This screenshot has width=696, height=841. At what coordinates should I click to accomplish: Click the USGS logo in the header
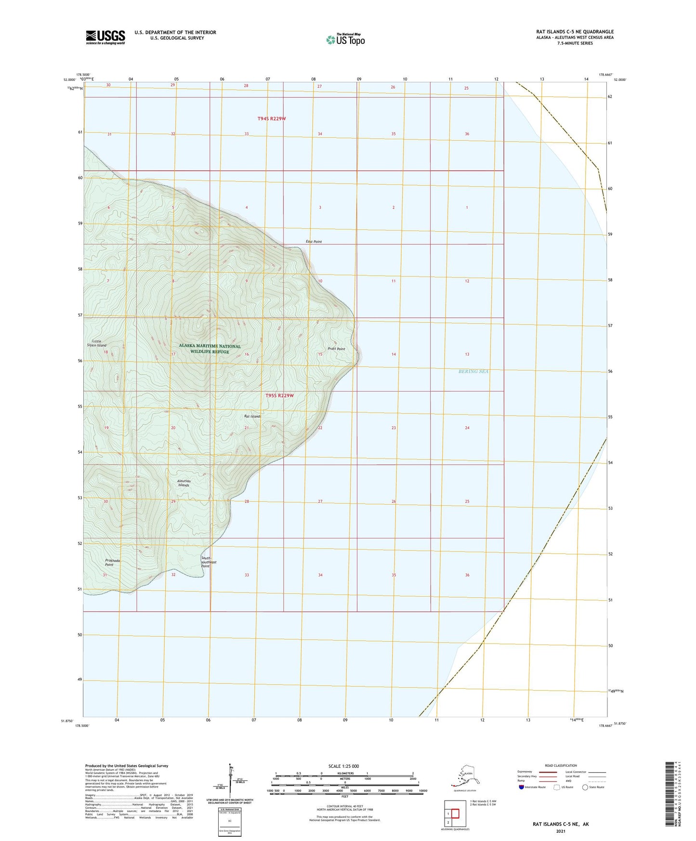(105, 37)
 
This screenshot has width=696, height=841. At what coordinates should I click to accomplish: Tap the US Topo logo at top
(345, 39)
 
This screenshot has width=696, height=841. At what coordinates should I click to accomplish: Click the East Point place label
(314, 241)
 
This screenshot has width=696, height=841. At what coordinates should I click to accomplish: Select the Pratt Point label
(336, 349)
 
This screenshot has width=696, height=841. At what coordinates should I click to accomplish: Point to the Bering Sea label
(473, 371)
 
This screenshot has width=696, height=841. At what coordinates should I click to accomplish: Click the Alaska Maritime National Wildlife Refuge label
(210, 349)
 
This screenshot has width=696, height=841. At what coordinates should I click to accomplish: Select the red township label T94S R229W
(272, 118)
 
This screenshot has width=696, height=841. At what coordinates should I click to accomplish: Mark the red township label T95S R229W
(279, 395)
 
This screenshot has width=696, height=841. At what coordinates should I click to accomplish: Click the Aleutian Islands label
(184, 483)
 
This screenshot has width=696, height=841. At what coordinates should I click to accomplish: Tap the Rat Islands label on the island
(253, 416)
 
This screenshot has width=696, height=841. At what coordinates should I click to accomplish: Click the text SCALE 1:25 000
(344, 766)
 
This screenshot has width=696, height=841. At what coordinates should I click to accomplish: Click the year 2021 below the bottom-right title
(560, 831)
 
